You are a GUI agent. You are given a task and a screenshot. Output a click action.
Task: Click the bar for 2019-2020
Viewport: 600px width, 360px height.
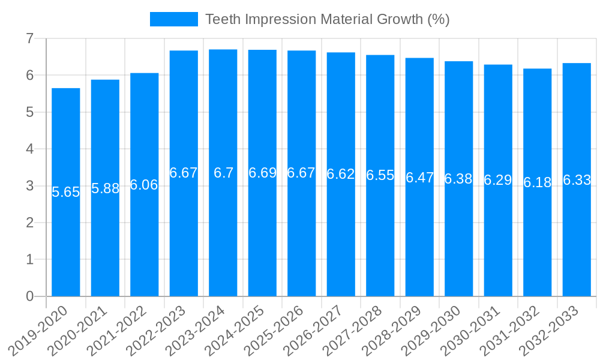66,240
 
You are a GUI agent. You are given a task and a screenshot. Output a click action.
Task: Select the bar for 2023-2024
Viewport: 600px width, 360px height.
223,240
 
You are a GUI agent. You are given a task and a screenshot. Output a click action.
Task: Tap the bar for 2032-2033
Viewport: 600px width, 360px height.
577,240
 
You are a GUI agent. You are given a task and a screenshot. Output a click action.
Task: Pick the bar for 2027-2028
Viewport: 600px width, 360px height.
380,240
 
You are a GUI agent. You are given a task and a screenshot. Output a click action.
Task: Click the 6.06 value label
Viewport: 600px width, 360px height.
144,185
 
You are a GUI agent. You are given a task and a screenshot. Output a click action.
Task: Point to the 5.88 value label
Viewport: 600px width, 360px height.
105,188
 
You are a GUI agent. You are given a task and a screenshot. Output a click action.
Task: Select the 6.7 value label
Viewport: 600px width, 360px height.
223,173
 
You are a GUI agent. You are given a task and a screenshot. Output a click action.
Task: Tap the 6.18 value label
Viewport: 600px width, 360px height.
537,182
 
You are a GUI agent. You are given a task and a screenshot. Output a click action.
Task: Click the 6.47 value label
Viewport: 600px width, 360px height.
419,178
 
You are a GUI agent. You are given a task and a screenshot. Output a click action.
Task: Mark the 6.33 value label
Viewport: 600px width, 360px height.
577,180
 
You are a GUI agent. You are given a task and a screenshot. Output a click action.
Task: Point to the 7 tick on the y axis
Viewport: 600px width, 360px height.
29,38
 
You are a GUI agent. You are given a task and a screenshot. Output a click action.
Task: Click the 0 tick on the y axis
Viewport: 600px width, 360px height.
29,296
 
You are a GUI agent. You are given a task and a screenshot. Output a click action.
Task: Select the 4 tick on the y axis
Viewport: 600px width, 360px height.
29,149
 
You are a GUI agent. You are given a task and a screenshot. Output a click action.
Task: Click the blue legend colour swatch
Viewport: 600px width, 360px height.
173,19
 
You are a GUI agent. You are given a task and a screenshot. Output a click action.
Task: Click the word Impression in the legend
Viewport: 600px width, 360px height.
280,19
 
